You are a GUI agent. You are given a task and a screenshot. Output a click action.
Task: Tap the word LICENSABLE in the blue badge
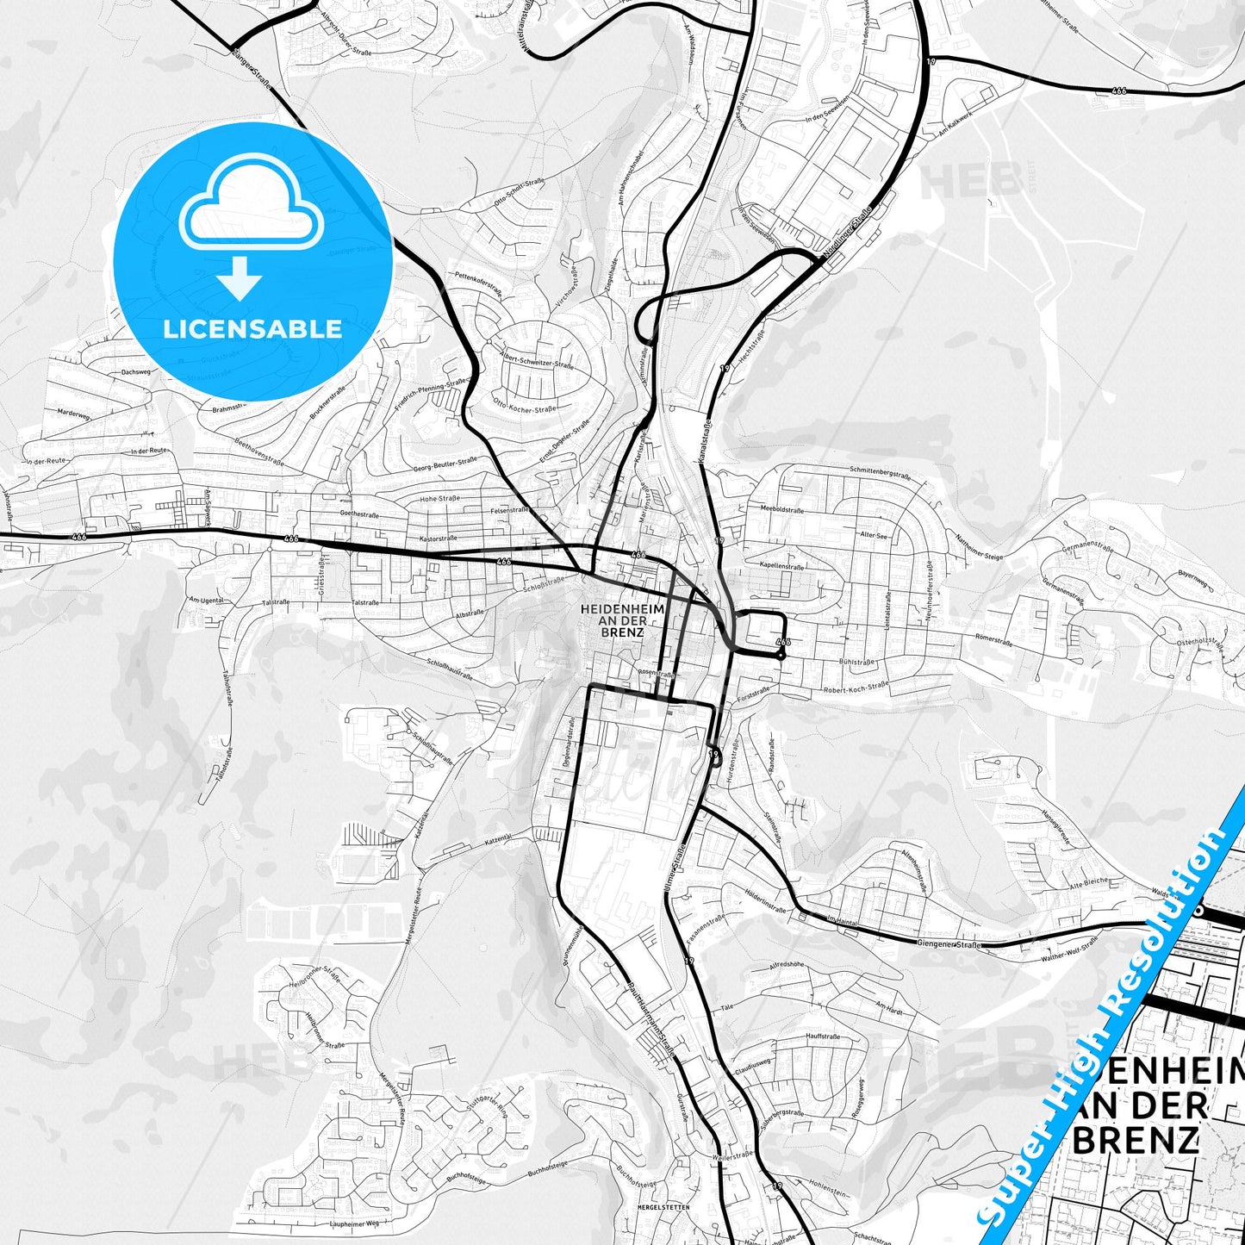click(252, 328)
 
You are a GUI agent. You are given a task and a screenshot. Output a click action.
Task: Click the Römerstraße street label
click(993, 640)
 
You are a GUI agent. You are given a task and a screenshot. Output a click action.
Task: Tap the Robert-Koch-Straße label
click(855, 688)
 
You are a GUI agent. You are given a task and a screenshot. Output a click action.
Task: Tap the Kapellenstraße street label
click(782, 567)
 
